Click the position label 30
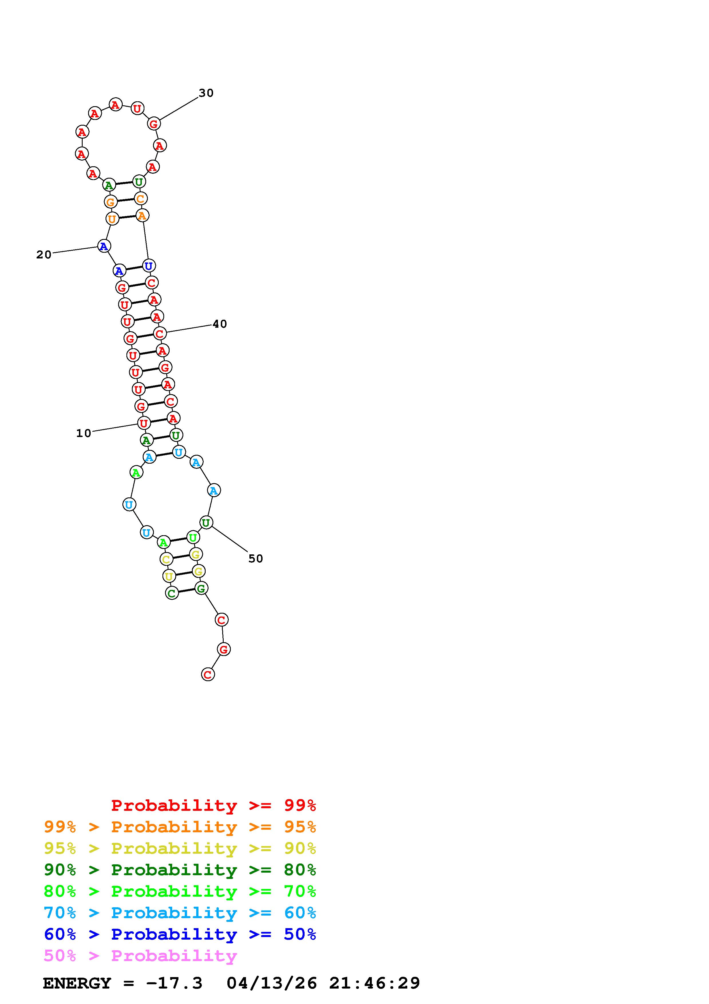206,93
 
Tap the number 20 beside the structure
44,254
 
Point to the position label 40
220,324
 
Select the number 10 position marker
84,433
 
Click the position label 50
256,559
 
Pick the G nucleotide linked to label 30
153,124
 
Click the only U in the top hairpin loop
137,108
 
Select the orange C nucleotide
140,199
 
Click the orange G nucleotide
110,202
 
